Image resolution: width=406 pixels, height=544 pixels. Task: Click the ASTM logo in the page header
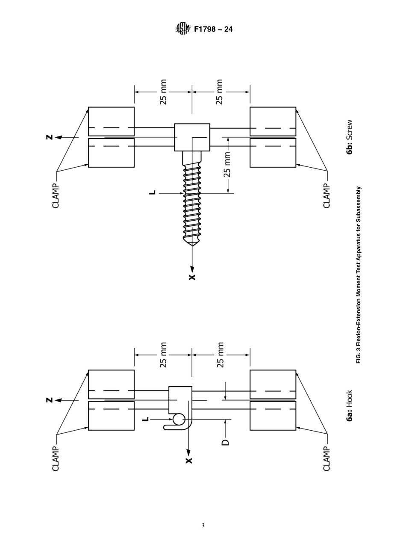[x=182, y=29]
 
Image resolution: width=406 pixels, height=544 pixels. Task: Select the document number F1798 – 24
[x=213, y=30]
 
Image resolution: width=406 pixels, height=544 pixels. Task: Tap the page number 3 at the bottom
[x=203, y=525]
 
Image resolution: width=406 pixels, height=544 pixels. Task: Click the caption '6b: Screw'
[x=350, y=136]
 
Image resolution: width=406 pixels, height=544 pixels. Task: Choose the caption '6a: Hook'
[x=350, y=405]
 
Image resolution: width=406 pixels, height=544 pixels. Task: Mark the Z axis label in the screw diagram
[x=50, y=137]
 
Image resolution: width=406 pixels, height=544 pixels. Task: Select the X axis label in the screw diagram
[x=192, y=277]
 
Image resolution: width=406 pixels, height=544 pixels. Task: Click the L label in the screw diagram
[x=152, y=193]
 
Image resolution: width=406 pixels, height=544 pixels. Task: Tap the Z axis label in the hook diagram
[x=50, y=400]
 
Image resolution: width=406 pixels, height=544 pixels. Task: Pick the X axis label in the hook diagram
[x=189, y=460]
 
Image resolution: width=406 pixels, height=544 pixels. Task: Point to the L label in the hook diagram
[x=146, y=419]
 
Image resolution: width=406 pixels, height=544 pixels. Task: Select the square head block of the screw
[x=192, y=137]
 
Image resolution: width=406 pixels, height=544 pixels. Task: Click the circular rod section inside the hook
[x=179, y=420]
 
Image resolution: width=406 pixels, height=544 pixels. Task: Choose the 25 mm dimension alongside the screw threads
[x=227, y=165]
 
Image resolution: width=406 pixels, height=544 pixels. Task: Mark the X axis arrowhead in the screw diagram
[x=192, y=269]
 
